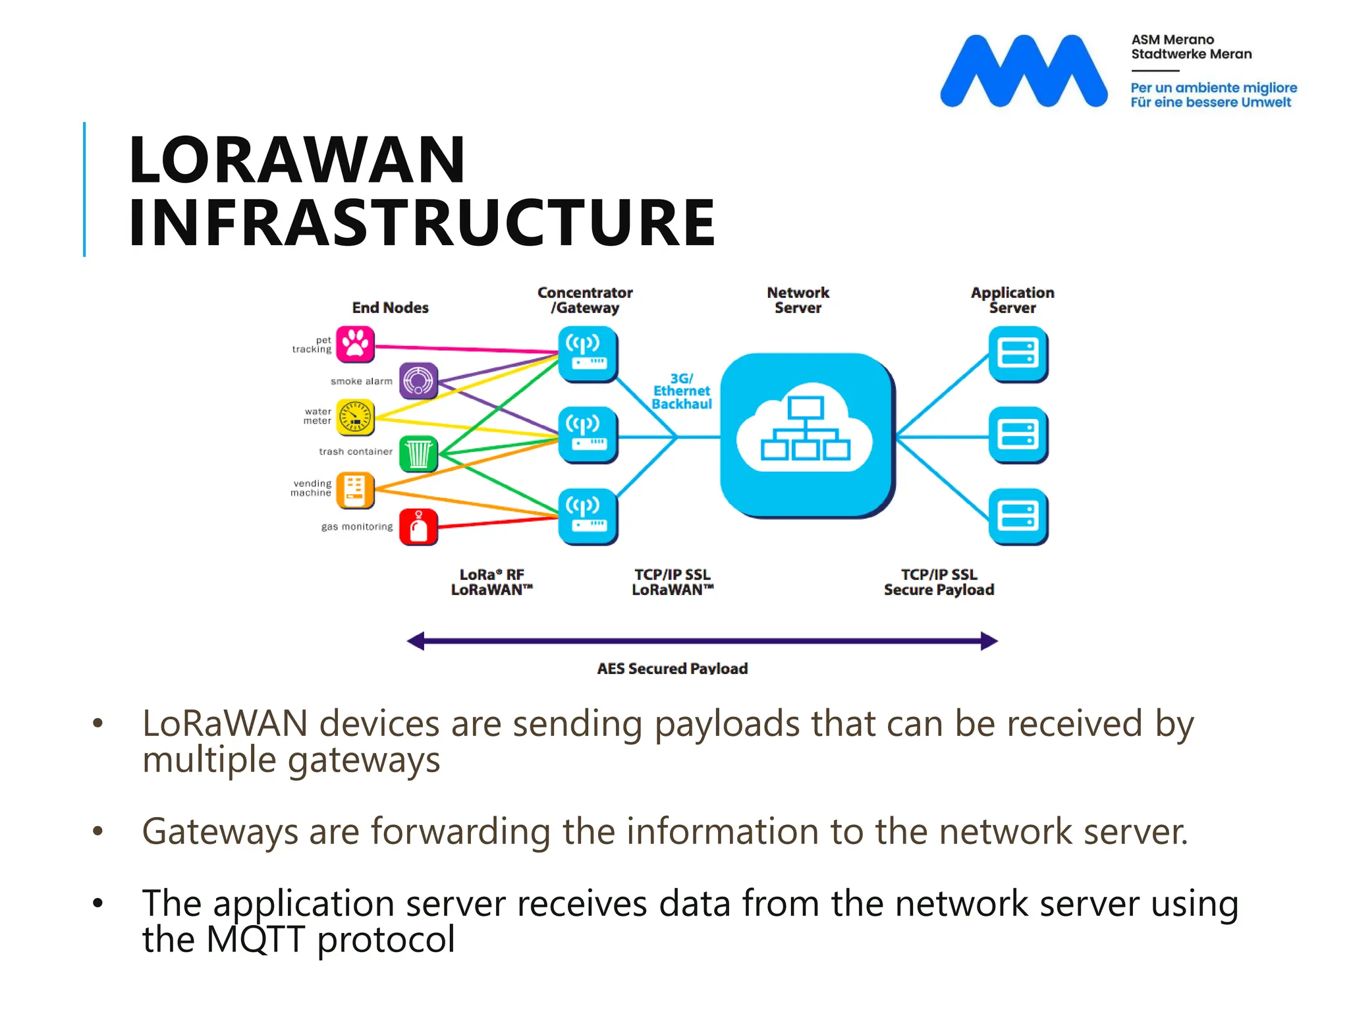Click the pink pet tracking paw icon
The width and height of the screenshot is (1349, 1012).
[x=355, y=344]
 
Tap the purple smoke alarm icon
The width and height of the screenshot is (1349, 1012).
[x=418, y=380]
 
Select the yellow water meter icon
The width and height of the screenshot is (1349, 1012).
[x=355, y=416]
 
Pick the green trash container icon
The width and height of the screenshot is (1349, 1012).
[x=418, y=453]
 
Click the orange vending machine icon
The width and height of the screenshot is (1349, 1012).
[x=355, y=490]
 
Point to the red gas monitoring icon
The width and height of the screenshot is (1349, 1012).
[x=418, y=526]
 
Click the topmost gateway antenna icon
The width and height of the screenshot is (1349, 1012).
[x=588, y=354]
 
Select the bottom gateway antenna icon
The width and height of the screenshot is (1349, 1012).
[x=588, y=517]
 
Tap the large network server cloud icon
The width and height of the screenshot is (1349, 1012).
[x=806, y=435]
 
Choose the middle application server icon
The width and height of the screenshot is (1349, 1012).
[x=1018, y=435]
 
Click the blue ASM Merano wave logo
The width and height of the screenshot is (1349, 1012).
[x=1023, y=71]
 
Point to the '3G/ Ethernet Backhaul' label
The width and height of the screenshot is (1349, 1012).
[x=682, y=391]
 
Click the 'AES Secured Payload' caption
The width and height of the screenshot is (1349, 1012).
[x=672, y=668]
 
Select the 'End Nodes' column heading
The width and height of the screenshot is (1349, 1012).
[x=390, y=308]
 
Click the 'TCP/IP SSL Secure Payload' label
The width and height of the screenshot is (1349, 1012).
[x=939, y=582]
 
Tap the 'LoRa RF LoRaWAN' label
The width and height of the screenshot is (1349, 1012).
[x=491, y=582]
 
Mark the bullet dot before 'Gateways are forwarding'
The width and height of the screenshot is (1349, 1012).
[x=98, y=831]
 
